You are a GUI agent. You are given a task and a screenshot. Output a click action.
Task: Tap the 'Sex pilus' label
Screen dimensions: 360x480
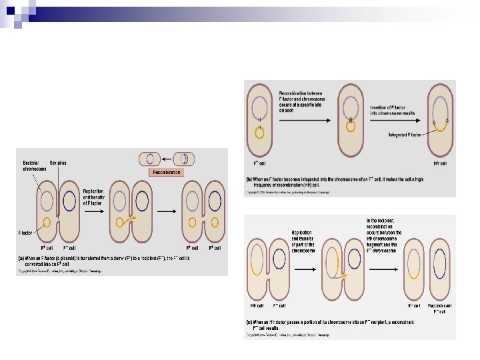pyautogui.click(x=57, y=163)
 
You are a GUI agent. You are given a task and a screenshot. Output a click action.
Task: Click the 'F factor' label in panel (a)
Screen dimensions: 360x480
pyautogui.click(x=25, y=233)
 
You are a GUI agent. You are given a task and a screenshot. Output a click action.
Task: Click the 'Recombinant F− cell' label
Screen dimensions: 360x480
pyautogui.click(x=439, y=308)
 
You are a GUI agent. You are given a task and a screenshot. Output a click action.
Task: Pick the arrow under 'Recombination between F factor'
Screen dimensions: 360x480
pyautogui.click(x=299, y=120)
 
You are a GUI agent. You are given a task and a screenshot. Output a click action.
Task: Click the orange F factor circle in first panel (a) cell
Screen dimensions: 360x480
pyautogui.click(x=47, y=222)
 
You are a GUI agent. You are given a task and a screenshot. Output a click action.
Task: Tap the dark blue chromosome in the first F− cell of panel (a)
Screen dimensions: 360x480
pyautogui.click(x=69, y=201)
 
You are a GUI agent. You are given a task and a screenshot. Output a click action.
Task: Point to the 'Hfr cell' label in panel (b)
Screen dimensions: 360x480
pyautogui.click(x=440, y=162)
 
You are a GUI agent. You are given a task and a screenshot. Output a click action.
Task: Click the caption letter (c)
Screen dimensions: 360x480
pyautogui.click(x=248, y=322)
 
